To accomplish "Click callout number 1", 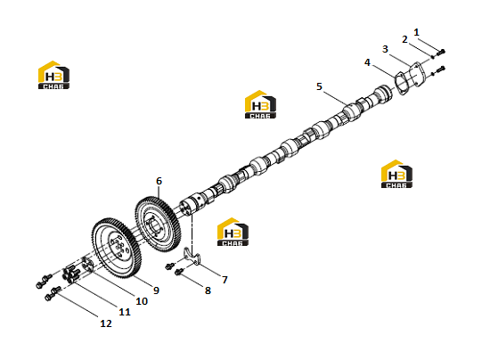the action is click(x=416, y=32).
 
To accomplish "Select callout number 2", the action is click(x=404, y=40).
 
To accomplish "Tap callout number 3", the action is click(x=385, y=49).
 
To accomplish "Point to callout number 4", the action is click(x=367, y=62).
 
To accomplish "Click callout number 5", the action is click(x=319, y=86).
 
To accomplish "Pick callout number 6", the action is click(x=159, y=181).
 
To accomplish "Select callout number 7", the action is click(x=225, y=280).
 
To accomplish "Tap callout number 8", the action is click(x=208, y=290).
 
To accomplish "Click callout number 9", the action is click(x=156, y=290).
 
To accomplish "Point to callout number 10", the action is click(x=142, y=301).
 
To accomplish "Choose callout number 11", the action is click(x=125, y=312).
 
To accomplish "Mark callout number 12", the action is click(x=106, y=323).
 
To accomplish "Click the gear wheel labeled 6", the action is click(x=158, y=224).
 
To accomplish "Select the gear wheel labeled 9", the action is click(x=117, y=248).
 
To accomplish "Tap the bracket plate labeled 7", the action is click(x=192, y=257).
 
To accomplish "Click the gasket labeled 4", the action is click(x=401, y=84).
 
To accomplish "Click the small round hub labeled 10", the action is click(x=87, y=266).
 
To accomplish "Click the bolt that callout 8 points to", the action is click(x=179, y=272).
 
